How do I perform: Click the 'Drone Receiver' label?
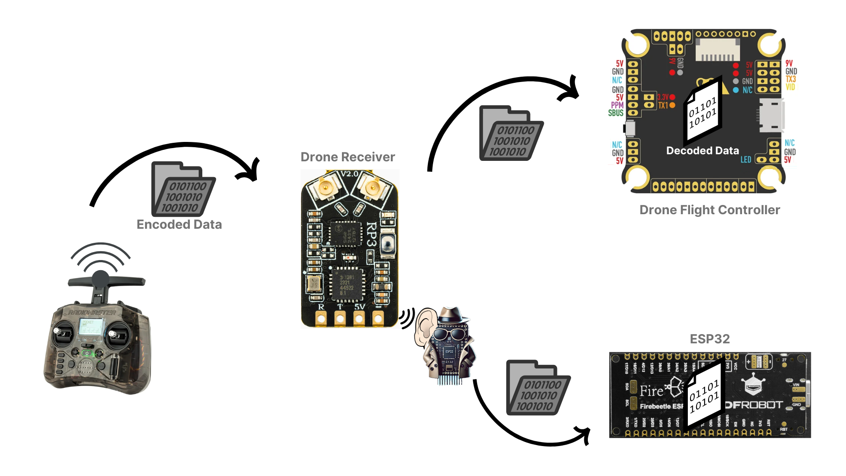tap(348, 157)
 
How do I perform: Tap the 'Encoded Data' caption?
tap(179, 224)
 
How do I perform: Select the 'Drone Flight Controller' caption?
tap(709, 210)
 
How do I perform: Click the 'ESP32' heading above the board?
tap(709, 339)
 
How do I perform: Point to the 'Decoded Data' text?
tap(702, 151)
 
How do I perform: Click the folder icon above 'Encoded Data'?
tap(183, 190)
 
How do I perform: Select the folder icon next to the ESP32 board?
tap(538, 388)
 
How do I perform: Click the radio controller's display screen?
tap(91, 327)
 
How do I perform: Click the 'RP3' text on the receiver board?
tap(371, 234)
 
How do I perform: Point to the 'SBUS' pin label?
tap(616, 113)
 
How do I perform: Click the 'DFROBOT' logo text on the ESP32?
tap(754, 405)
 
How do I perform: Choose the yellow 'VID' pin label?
tap(790, 87)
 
